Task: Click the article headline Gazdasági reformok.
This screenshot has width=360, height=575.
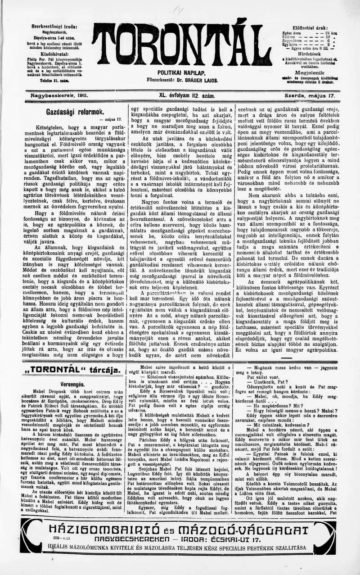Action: (75, 112)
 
